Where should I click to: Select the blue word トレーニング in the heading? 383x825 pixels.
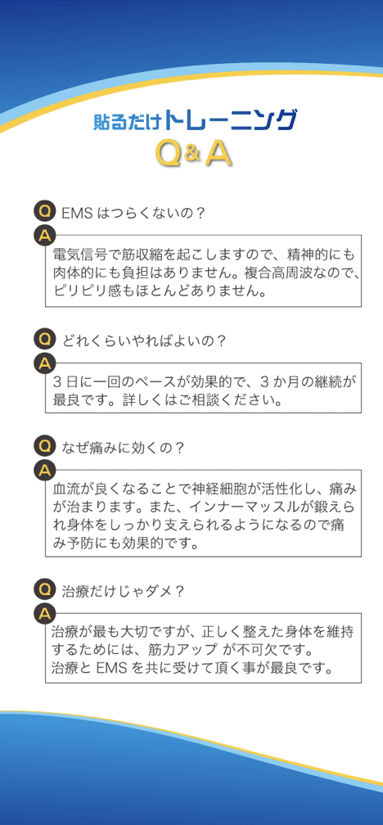click(230, 120)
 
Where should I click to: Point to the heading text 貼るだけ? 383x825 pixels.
click(128, 121)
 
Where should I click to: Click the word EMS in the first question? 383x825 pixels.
click(77, 213)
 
